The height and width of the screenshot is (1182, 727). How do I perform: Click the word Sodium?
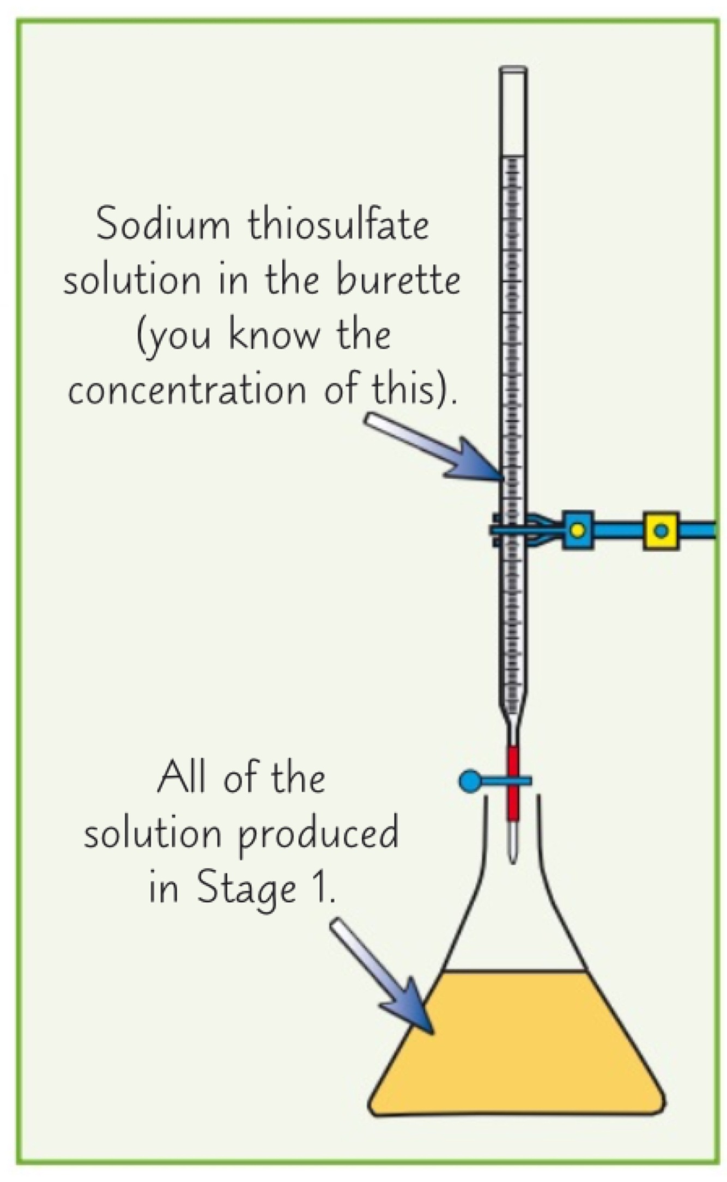[162, 225]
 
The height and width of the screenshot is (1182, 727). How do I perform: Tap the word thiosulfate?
[338, 225]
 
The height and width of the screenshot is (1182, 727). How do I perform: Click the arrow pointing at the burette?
[436, 447]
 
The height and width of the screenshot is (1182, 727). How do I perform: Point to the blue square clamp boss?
[577, 529]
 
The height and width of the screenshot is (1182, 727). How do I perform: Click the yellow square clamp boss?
[661, 530]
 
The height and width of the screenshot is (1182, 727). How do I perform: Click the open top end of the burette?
[513, 71]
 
